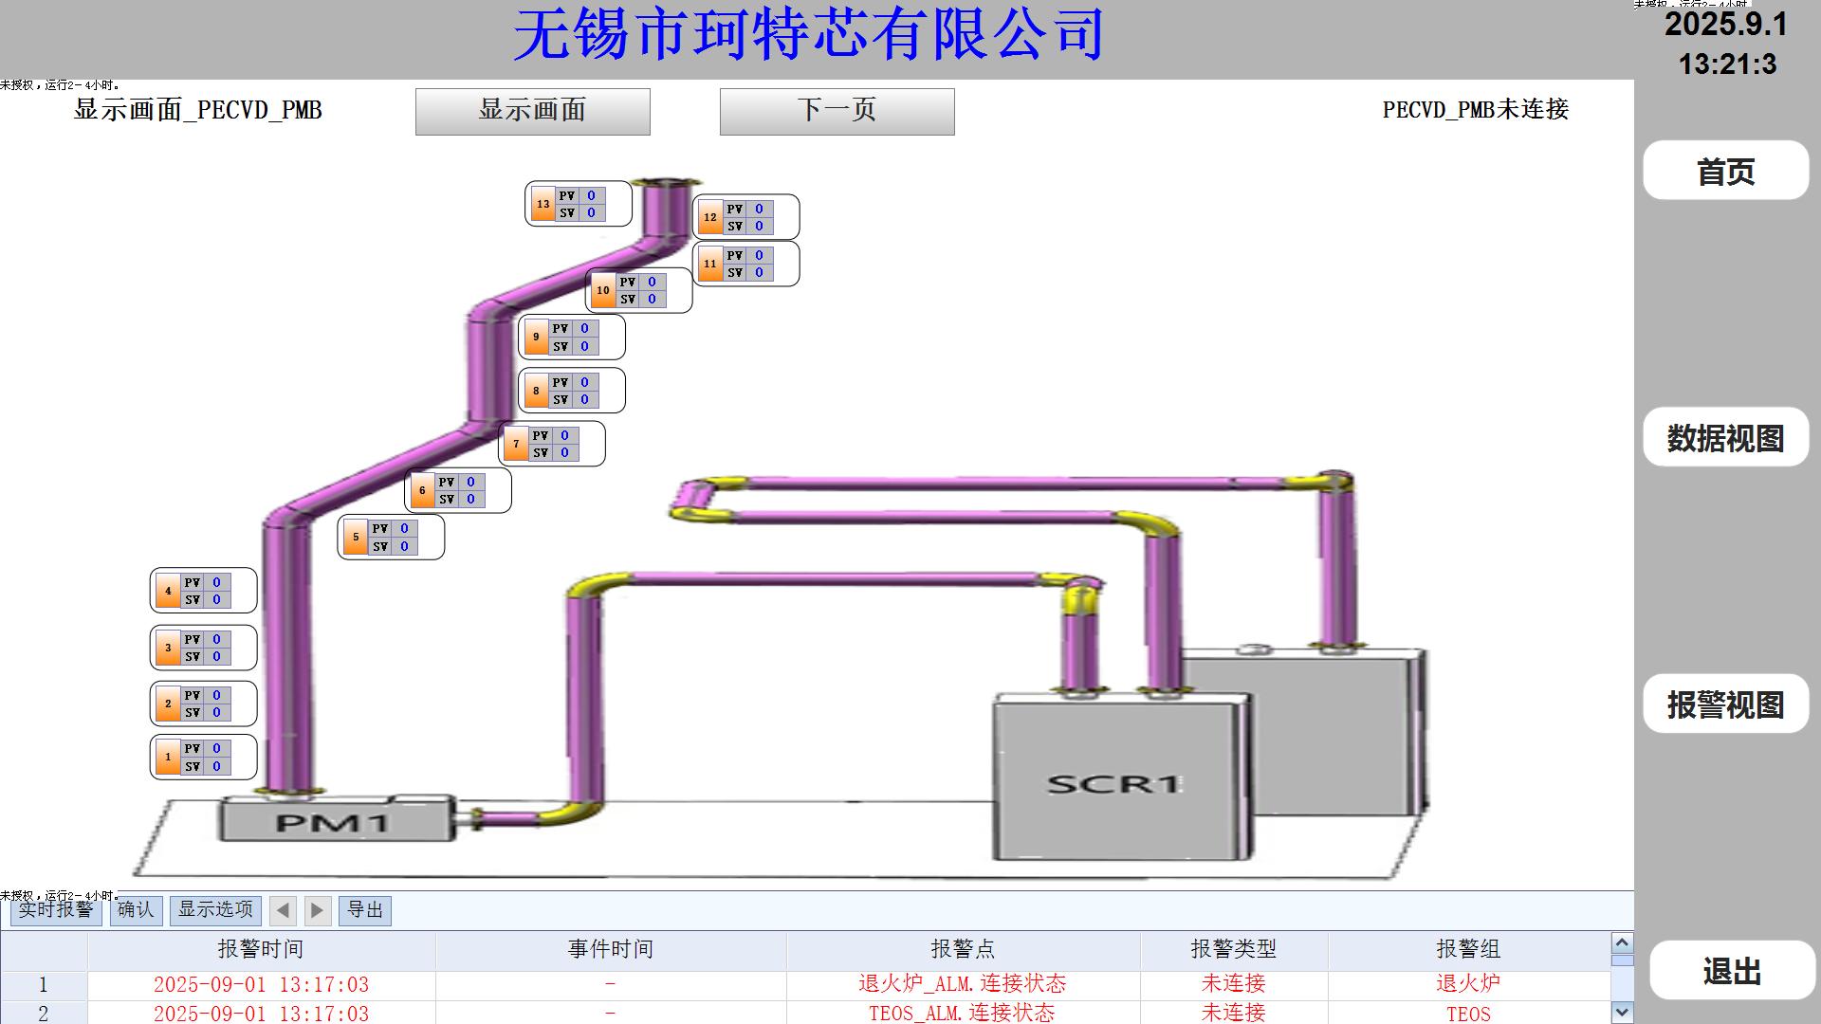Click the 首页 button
point(1725,171)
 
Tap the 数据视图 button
point(1725,437)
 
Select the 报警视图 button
point(1725,704)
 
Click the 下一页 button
point(837,111)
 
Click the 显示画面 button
point(532,111)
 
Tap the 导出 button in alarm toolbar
point(365,910)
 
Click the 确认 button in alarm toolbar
point(136,910)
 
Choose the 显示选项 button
point(215,910)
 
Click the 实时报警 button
point(56,910)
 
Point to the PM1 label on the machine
point(332,821)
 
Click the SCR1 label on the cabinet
point(1113,784)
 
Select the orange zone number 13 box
point(543,204)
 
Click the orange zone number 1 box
point(168,757)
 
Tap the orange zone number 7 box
point(516,444)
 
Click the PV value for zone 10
point(652,282)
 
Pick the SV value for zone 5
point(404,546)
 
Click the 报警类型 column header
point(1233,949)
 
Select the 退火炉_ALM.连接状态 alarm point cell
point(962,984)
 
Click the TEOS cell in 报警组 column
point(1468,1014)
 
